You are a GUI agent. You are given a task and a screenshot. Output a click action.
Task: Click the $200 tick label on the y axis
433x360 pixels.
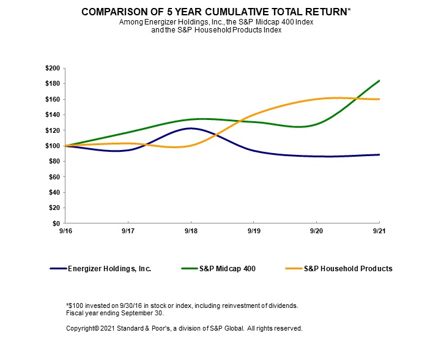tap(53, 68)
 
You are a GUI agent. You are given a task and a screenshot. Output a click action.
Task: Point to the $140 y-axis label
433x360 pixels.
tap(53, 114)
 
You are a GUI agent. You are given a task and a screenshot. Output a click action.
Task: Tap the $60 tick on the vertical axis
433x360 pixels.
tap(54, 177)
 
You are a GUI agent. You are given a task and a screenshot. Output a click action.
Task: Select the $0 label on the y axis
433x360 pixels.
tap(56, 223)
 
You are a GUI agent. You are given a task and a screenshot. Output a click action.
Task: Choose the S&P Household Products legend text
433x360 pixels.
tap(348, 268)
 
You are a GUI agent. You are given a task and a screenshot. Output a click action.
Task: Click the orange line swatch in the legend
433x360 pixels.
tap(293, 268)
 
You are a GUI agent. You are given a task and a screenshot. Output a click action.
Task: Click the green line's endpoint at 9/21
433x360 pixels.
tap(379, 80)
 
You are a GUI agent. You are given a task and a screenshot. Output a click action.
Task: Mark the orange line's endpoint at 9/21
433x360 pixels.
tap(379, 99)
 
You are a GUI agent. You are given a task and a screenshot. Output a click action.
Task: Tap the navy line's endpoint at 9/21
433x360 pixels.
tap(379, 155)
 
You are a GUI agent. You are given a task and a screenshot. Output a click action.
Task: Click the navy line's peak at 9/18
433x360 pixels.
tap(191, 129)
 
